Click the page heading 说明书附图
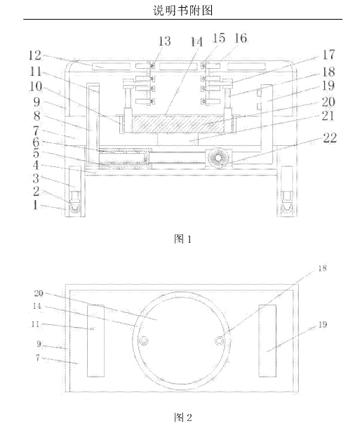tap(182, 11)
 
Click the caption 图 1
tap(182, 239)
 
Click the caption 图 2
tap(182, 417)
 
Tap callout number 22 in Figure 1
tap(330, 138)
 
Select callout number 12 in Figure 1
tap(35, 55)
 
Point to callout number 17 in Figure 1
tap(328, 55)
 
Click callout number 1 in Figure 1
tap(35, 205)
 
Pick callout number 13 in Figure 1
tap(164, 41)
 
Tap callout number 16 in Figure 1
tap(241, 38)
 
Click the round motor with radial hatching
tap(219, 159)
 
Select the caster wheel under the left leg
tap(74, 208)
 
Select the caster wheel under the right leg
tap(287, 208)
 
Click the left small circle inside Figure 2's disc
tap(143, 341)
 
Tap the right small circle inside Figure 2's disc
tap(219, 341)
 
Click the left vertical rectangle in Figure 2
tap(96, 341)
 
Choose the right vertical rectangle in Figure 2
tap(267, 340)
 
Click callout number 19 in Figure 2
tap(322, 325)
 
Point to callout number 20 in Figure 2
tap(39, 293)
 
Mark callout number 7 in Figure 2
tap(38, 358)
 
